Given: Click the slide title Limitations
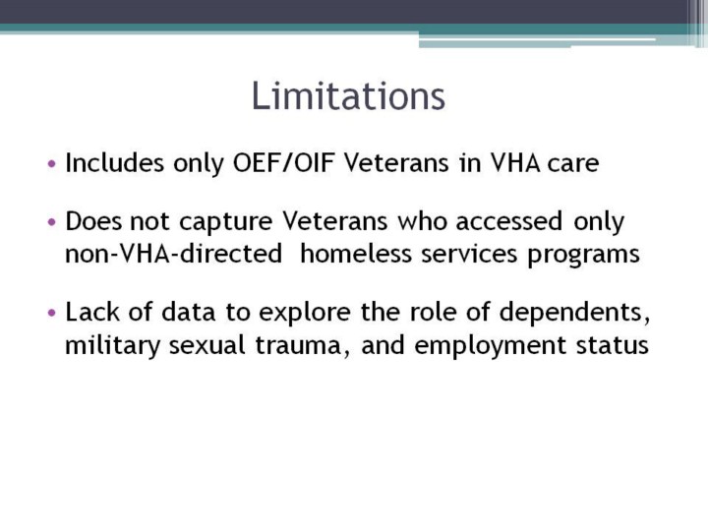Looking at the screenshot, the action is coord(348,95).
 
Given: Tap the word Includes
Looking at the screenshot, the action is coord(115,162).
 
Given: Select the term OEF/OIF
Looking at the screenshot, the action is coord(283,163).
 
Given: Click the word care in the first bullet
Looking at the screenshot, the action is coord(573,164).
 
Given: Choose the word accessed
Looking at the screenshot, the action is coord(509,221).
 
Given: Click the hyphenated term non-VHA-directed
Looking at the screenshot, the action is coord(174,254).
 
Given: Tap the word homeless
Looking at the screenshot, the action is coord(356,254).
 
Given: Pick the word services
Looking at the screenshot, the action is coord(469,255).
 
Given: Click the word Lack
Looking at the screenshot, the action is coord(92,312).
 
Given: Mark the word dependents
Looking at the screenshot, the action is coord(575,313).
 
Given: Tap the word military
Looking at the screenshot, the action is coord(112,346).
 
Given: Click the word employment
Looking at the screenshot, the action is coord(490,346).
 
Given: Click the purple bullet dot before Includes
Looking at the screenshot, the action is coord(52,163).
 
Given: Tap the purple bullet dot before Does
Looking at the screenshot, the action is coord(52,222).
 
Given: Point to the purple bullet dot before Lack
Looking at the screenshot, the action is coord(52,313).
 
